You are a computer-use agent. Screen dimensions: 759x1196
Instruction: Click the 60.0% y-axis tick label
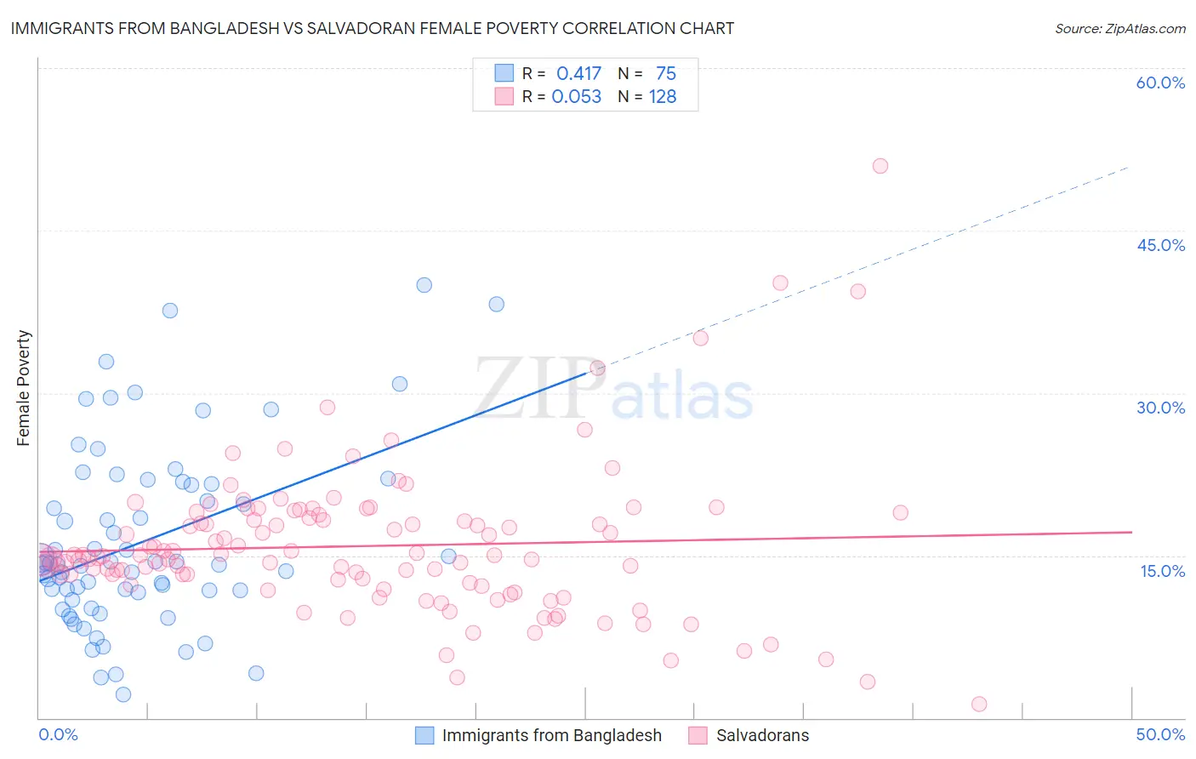[1160, 83]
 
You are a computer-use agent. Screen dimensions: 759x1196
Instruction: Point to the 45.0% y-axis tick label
[1160, 245]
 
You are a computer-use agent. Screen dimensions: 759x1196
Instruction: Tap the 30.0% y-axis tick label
[1160, 408]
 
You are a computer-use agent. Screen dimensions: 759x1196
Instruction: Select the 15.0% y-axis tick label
[1162, 571]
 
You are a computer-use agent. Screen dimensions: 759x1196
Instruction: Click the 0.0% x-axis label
[58, 734]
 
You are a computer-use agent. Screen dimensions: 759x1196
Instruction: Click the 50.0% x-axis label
[1160, 734]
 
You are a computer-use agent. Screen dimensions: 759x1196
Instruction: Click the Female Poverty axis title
[24, 388]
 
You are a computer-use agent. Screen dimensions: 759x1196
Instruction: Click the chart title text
[373, 28]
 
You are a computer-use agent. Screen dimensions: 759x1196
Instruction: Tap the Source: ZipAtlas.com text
[1119, 28]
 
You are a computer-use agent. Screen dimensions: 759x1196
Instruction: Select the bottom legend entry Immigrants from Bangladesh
[551, 735]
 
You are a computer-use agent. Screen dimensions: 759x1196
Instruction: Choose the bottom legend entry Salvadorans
[762, 735]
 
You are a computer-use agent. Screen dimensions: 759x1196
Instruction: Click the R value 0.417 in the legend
[578, 74]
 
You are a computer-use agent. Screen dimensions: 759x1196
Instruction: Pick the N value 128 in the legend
[663, 97]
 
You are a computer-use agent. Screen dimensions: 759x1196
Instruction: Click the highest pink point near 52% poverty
[880, 166]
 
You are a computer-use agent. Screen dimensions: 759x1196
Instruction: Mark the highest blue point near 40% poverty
[424, 285]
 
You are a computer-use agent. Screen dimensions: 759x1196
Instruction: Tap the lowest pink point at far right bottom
[979, 704]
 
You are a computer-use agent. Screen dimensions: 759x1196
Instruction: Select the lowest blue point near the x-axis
[123, 694]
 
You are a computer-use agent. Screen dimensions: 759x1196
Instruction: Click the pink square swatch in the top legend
[504, 96]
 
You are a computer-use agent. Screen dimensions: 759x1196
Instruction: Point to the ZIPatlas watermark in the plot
[612, 390]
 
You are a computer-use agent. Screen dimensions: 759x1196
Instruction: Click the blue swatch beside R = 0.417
[504, 73]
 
